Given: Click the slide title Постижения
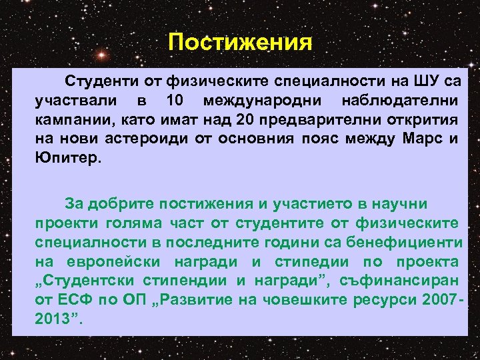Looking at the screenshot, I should click(x=240, y=42).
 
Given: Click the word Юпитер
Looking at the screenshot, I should click(x=67, y=159).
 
